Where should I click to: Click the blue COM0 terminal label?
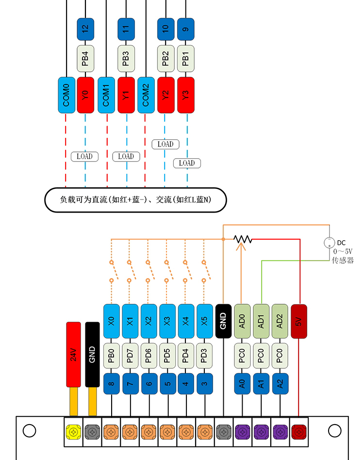coord(66,95)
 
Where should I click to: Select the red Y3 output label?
coord(185,95)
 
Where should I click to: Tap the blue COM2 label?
coord(146,95)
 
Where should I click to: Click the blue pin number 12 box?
coord(85,29)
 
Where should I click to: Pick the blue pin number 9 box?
coord(185,29)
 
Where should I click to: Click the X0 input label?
coord(111,321)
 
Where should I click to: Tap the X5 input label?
coord(204,321)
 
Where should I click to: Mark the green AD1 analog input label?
coord(261,321)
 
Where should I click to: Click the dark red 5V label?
coord(299,321)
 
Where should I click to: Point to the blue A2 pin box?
coord(280,384)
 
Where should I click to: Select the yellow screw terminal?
coord(74,431)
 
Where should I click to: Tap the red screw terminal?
coord(298,431)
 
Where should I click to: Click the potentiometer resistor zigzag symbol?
coord(243,239)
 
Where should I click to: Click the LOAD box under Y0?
coord(84,156)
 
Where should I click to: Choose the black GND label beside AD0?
coord(223,321)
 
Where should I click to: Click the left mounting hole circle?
coord(29,430)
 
